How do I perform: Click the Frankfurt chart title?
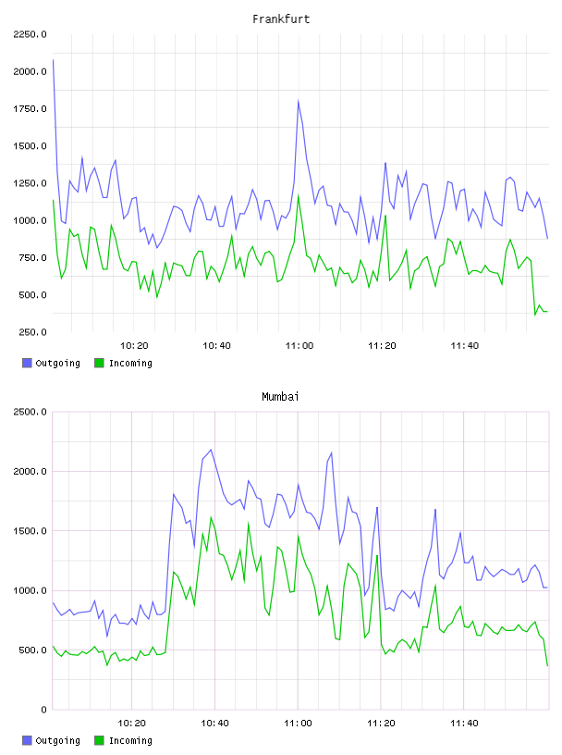(281, 19)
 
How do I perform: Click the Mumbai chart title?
(280, 397)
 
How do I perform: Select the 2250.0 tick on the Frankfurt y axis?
(30, 34)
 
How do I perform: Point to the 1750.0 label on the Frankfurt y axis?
(30, 109)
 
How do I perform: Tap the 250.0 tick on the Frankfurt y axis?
(32, 332)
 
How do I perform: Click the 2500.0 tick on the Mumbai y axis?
(30, 412)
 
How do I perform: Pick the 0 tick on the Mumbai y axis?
(43, 710)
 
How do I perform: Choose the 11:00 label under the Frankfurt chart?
(299, 346)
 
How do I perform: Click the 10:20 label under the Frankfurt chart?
(134, 346)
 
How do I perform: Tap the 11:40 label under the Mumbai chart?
(464, 724)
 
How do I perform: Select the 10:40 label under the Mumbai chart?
(214, 724)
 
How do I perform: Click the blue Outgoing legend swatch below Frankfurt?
(27, 363)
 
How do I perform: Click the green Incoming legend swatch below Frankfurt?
(99, 363)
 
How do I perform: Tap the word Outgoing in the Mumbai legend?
(57, 740)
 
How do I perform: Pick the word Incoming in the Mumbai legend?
(130, 740)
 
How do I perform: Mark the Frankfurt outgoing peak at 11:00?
(299, 101)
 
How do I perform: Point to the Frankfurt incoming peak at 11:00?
(299, 195)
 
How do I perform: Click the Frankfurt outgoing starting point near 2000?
(53, 60)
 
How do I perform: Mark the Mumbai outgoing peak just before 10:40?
(211, 450)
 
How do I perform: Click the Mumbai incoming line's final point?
(547, 666)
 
